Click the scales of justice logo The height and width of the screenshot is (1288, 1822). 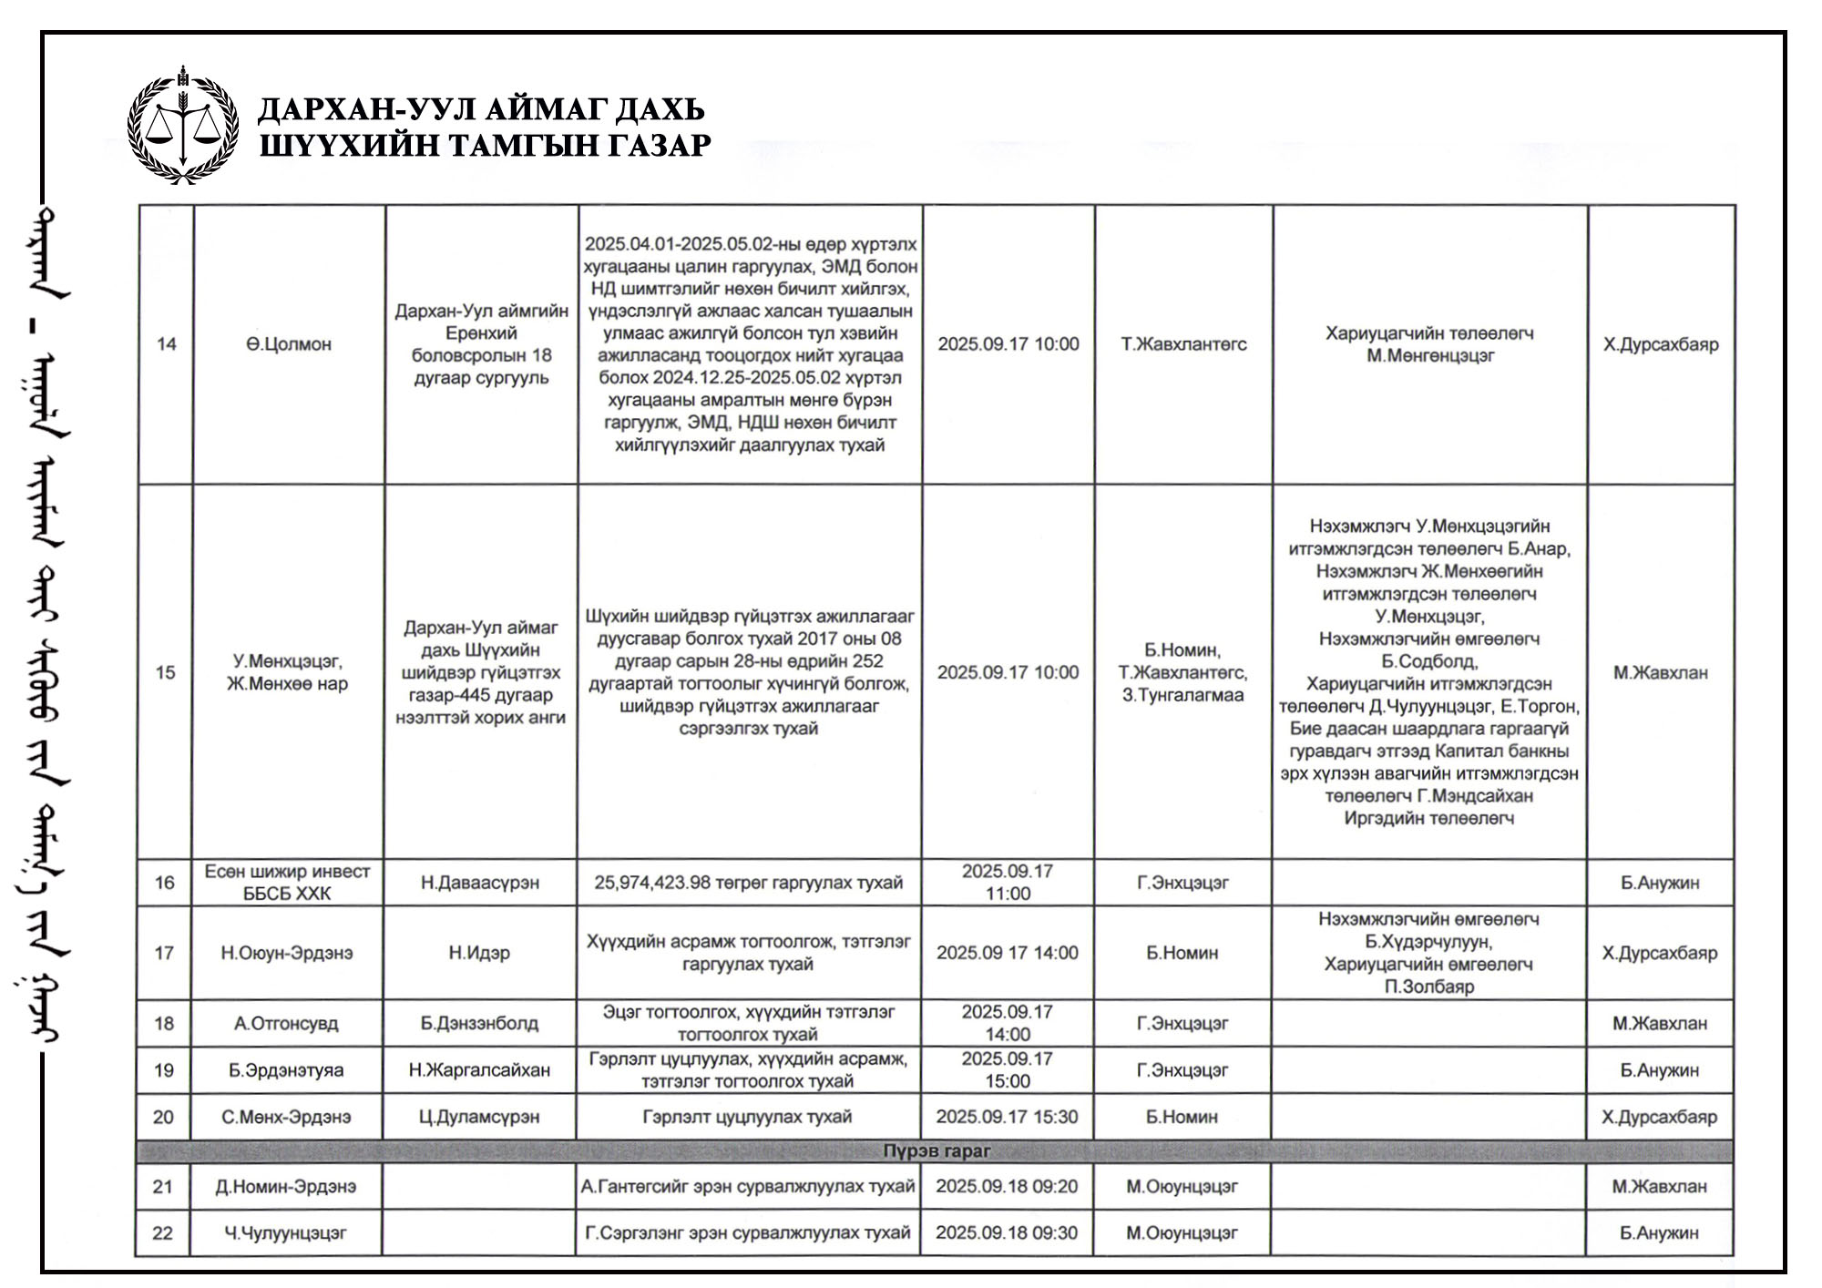(x=183, y=126)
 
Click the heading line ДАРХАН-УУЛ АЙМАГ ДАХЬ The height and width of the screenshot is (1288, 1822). (x=481, y=109)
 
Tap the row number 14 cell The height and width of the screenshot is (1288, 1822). (x=166, y=344)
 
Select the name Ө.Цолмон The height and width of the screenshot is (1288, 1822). (x=288, y=344)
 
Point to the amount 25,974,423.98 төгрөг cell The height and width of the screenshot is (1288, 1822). (x=748, y=883)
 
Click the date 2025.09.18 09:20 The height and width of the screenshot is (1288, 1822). (x=1007, y=1187)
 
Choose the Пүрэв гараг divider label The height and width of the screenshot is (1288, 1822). (x=937, y=1151)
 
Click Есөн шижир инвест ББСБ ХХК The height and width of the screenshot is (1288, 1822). (x=287, y=883)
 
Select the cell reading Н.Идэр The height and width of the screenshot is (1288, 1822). (x=479, y=953)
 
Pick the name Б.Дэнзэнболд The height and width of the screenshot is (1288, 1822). (x=479, y=1024)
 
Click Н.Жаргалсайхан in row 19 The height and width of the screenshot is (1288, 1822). (x=479, y=1070)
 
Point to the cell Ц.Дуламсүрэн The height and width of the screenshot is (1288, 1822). (x=479, y=1117)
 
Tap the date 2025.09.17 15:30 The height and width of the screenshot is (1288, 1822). (x=1007, y=1117)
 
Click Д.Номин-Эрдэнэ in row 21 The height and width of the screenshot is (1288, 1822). (x=286, y=1187)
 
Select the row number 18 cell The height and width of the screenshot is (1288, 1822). (x=164, y=1024)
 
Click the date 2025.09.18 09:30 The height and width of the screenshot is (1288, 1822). (x=1007, y=1233)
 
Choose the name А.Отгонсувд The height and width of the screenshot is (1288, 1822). (x=286, y=1024)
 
